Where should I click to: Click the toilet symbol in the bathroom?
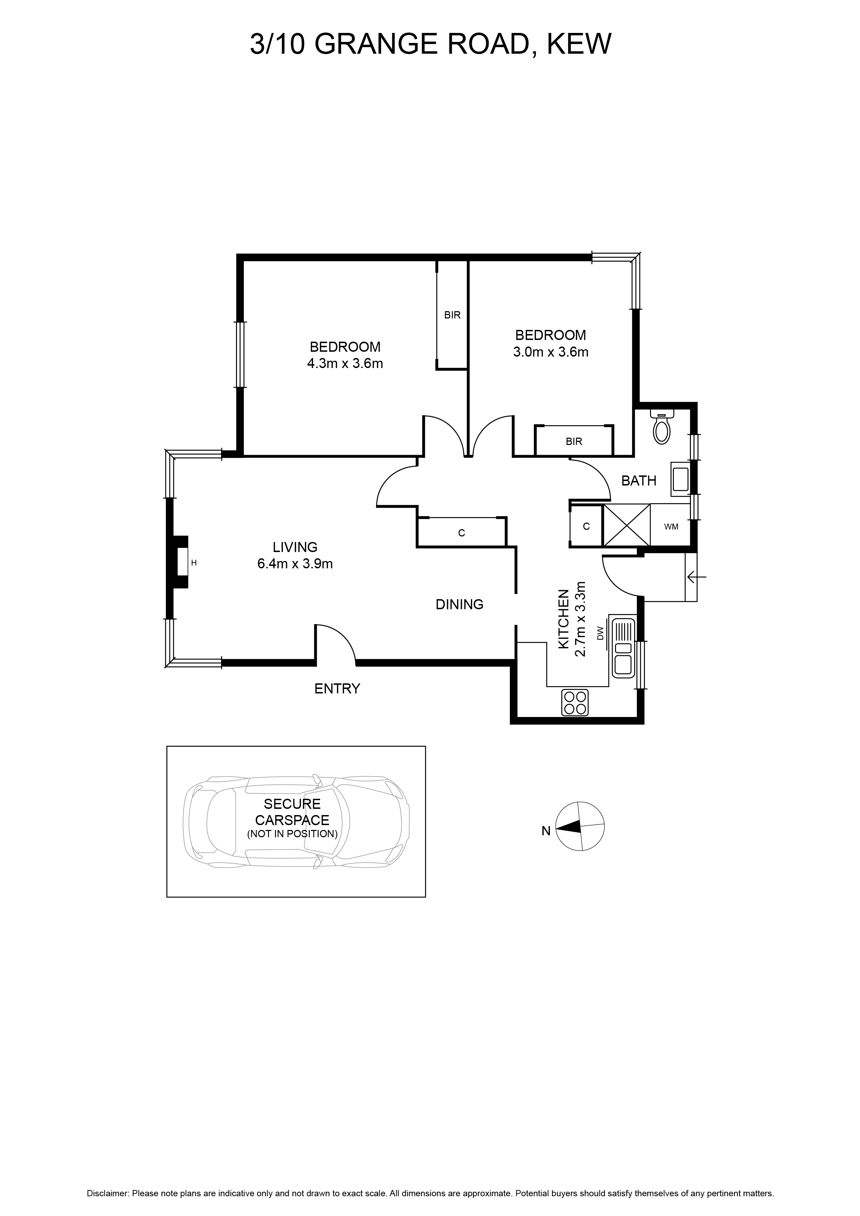(x=662, y=427)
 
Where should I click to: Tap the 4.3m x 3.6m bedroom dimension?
(x=345, y=364)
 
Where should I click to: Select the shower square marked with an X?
(x=626, y=525)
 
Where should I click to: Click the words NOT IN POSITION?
(x=292, y=834)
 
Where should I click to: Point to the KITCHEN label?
(x=563, y=619)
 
